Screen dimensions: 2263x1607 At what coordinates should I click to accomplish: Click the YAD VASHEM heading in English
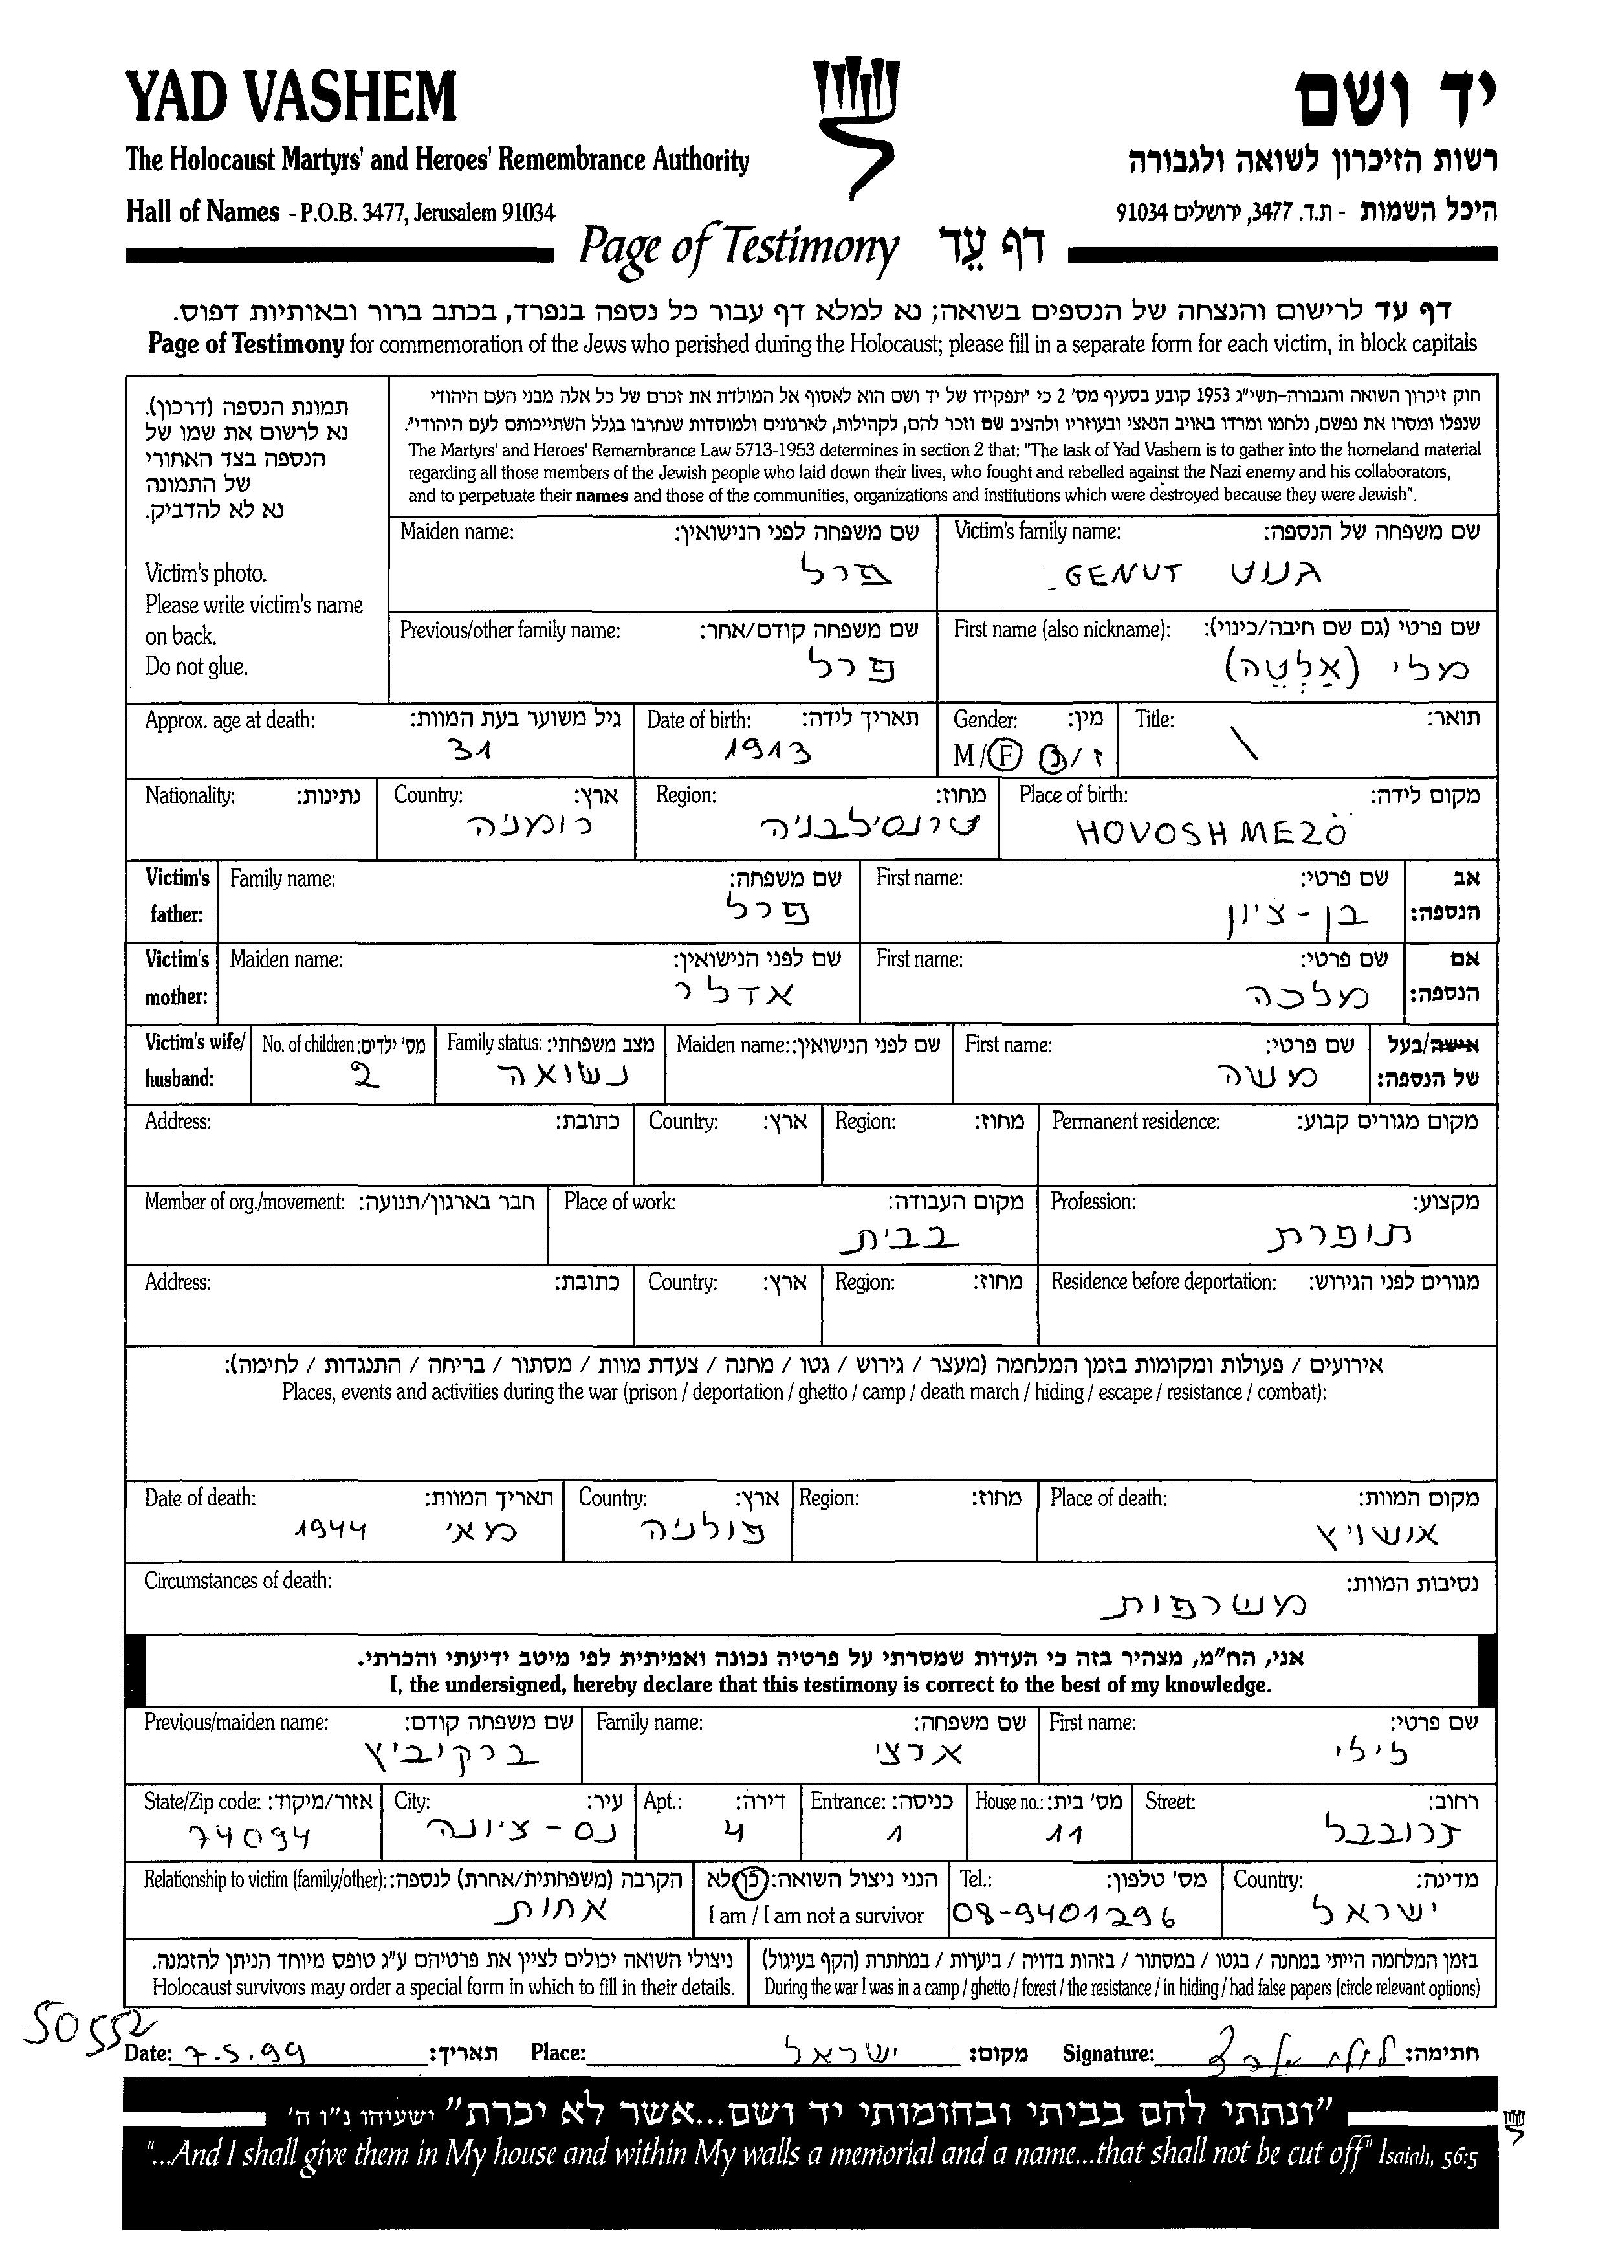(291, 99)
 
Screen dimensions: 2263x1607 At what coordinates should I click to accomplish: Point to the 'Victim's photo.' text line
(206, 573)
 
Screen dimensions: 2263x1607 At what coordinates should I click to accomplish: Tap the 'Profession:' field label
(1093, 1202)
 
